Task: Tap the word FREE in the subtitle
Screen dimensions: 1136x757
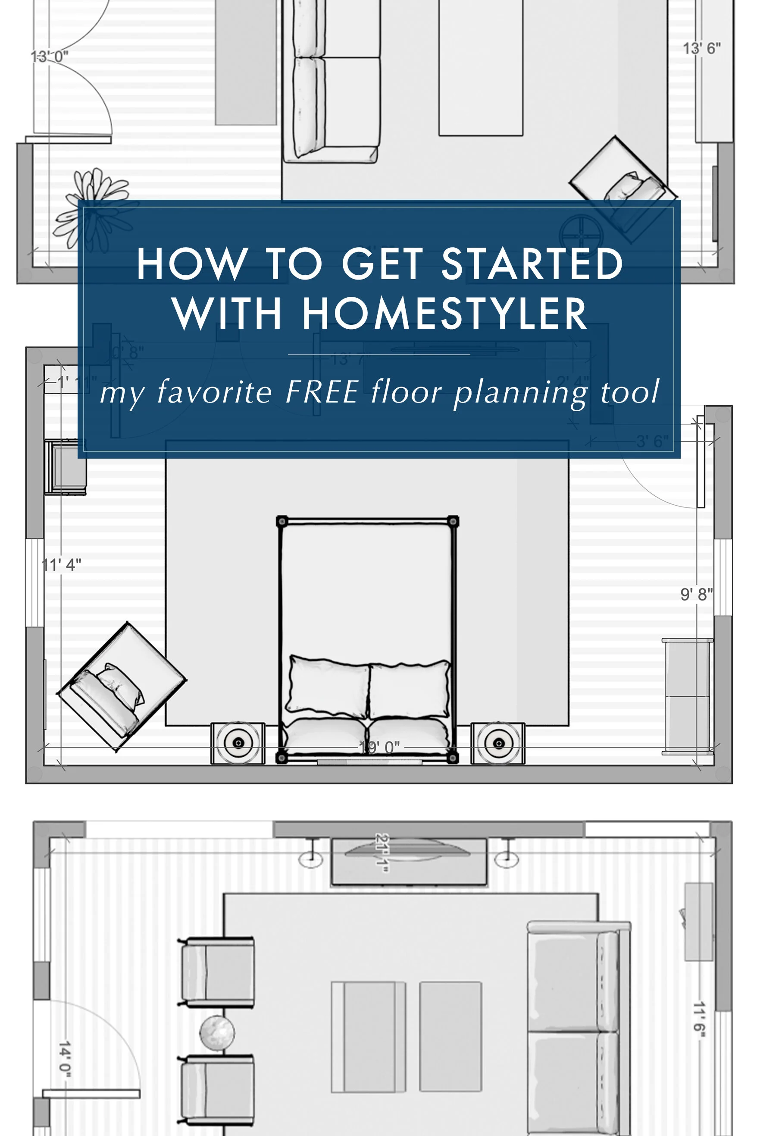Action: coord(322,391)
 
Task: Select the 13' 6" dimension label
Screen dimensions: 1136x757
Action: coord(701,48)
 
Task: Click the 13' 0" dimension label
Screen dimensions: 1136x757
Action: coord(49,57)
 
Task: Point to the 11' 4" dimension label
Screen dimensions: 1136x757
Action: coord(61,564)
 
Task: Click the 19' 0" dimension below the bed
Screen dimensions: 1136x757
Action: coord(379,747)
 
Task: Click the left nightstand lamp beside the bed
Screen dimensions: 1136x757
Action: coord(238,742)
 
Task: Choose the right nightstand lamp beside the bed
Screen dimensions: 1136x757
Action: coord(498,743)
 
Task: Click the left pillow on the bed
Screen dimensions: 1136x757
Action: coord(328,686)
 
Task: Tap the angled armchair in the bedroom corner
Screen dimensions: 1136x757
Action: coord(121,686)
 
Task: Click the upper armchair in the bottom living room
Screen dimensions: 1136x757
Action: coord(217,972)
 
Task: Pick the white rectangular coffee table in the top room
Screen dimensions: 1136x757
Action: coord(480,68)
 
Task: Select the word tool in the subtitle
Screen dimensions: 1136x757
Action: coord(629,391)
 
